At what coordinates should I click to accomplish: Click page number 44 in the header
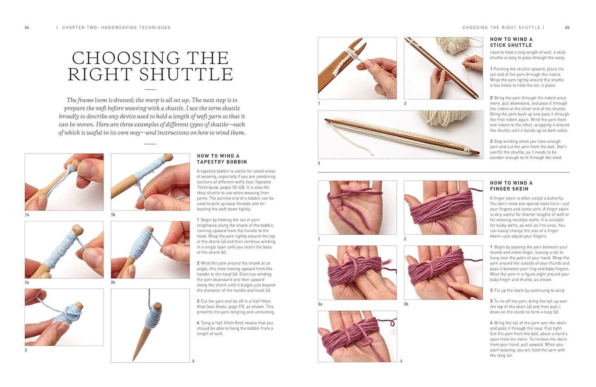pos(27,27)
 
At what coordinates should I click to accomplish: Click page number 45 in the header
pos(567,27)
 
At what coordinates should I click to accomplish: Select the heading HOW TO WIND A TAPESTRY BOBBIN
pos(222,159)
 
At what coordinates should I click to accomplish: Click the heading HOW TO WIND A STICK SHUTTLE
pos(511,42)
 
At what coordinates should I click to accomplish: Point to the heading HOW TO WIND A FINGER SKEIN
pos(511,186)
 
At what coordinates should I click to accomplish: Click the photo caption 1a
pos(27,215)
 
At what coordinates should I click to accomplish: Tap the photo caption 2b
pos(113,282)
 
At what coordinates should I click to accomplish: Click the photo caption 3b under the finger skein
pos(406,304)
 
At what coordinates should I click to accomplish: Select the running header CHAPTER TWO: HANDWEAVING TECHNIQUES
pos(116,27)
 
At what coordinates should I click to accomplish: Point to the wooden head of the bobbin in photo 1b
pos(167,157)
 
